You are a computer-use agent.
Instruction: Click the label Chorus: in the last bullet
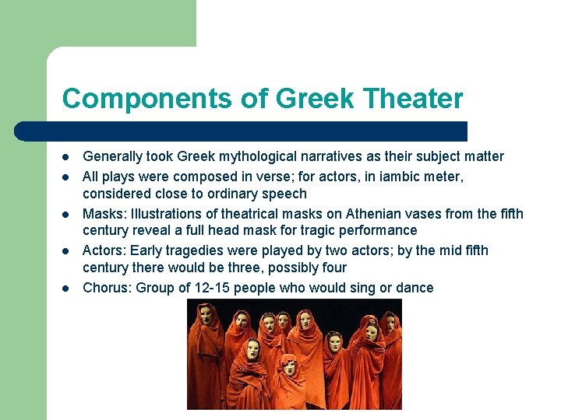(x=108, y=288)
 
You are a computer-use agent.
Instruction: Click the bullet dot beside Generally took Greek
(x=66, y=157)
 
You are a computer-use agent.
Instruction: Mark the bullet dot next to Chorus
(x=66, y=289)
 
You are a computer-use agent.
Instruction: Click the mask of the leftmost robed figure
(x=206, y=314)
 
